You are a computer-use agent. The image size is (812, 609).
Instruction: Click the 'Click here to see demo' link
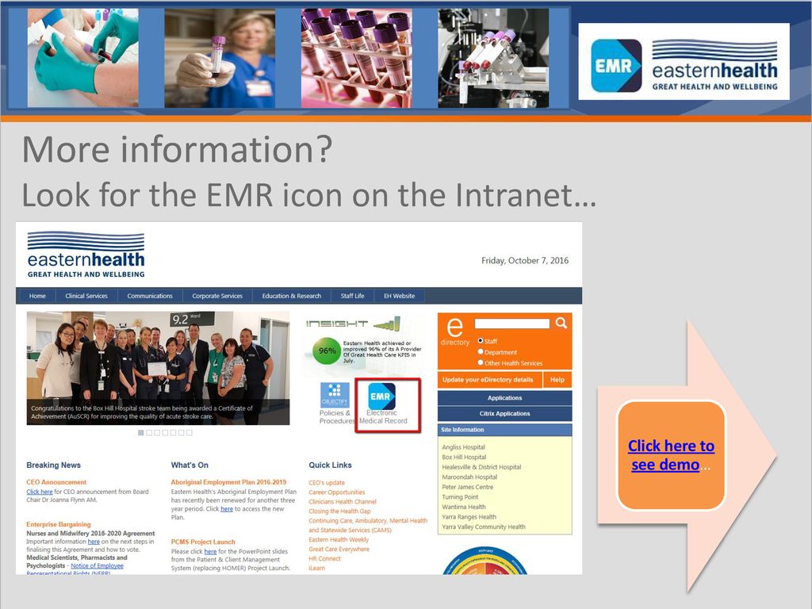[x=671, y=455]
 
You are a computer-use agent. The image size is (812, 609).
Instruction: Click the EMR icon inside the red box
[x=381, y=396]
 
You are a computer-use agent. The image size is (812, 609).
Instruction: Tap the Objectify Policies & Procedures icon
[x=335, y=394]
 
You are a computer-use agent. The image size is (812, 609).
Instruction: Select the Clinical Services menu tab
[x=86, y=296]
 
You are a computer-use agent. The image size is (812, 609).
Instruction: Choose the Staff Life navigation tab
[x=352, y=296]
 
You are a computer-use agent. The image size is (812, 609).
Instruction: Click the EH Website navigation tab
[x=399, y=296]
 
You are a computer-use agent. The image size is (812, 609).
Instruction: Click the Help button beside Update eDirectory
[x=557, y=380]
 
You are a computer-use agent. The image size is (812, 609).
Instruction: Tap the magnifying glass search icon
[x=561, y=323]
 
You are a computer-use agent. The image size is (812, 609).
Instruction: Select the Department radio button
[x=481, y=351]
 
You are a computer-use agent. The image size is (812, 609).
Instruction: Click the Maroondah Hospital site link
[x=469, y=477]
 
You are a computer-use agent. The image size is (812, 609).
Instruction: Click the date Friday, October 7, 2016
[x=525, y=261]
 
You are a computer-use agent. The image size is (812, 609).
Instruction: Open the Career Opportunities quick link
[x=337, y=492]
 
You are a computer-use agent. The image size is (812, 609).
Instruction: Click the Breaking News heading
[x=53, y=465]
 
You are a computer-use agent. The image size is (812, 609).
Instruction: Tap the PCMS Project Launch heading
[x=203, y=542]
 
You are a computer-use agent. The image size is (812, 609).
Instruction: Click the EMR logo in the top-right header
[x=616, y=66]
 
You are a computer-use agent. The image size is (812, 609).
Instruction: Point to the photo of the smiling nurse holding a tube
[x=220, y=58]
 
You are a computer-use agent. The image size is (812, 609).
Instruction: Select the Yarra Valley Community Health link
[x=484, y=527]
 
